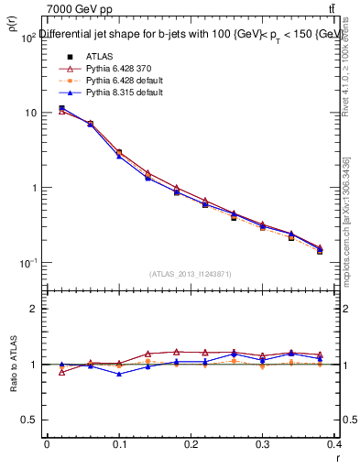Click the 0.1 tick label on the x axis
point(118,444)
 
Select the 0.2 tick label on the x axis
point(191,444)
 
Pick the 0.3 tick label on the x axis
point(263,444)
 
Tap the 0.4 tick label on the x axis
point(334,444)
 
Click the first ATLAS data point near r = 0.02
point(61,108)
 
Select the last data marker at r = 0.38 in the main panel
point(320,250)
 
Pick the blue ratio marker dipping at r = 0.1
point(119,374)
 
